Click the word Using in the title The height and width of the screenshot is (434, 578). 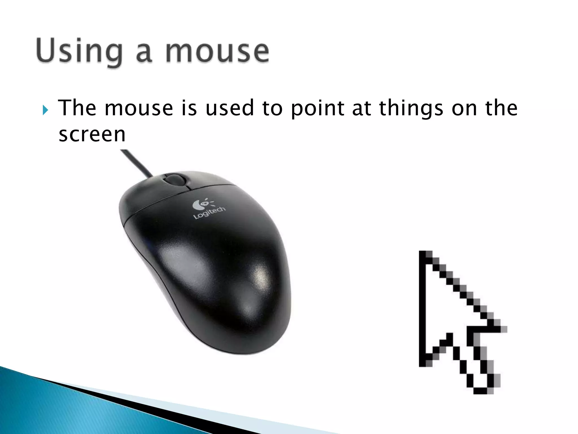pos(79,52)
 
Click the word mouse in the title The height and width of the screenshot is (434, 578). pos(217,52)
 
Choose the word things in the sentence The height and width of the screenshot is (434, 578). pos(411,109)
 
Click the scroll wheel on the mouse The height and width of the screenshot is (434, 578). pos(174,180)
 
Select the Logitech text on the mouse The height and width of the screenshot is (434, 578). pos(209,213)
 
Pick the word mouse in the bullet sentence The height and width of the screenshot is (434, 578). pos(139,108)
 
